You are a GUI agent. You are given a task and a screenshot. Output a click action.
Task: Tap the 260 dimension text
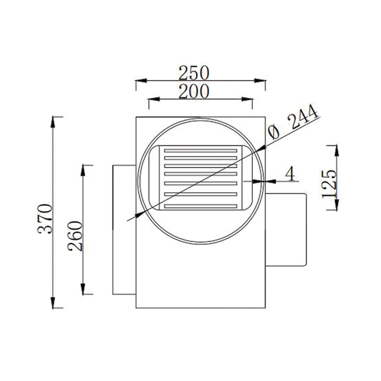(x=75, y=235)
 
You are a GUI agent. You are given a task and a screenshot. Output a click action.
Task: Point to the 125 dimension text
(x=329, y=184)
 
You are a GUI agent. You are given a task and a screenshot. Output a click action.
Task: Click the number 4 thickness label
(x=290, y=174)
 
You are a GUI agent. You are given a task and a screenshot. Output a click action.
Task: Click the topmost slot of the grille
(x=201, y=151)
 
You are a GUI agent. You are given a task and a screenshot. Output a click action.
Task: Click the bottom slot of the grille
(x=201, y=206)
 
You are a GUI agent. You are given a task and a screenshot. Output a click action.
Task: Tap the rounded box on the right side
(x=286, y=229)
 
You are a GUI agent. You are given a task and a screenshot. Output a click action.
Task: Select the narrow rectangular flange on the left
(x=124, y=229)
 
